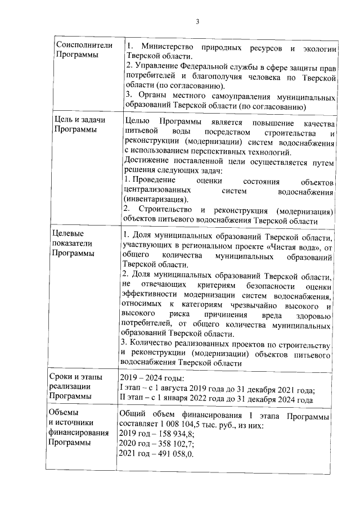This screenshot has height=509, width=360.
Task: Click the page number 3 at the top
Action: [x=197, y=22]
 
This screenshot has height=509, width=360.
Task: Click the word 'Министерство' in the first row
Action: [x=166, y=46]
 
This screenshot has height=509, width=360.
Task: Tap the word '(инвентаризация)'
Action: [x=155, y=199]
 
